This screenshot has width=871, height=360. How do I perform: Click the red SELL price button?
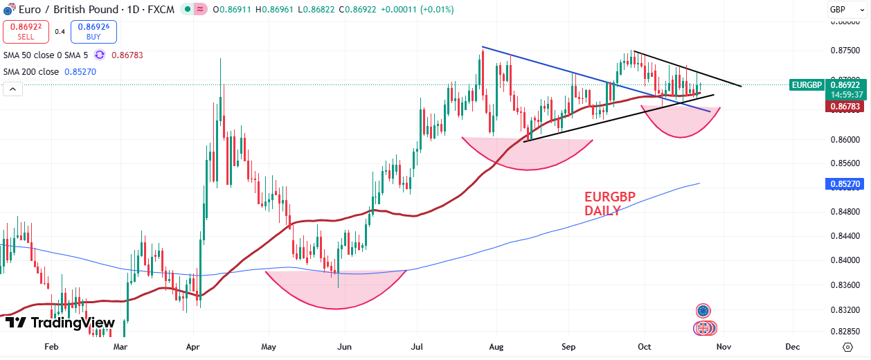coord(26,31)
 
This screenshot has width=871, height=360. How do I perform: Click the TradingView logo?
coord(60,323)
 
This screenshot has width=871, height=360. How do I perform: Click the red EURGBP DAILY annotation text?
coord(609,204)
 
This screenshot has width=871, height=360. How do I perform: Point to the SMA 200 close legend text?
coord(31,71)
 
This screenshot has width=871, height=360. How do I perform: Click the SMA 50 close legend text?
coord(46,55)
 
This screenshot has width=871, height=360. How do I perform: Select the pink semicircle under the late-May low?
coord(336,288)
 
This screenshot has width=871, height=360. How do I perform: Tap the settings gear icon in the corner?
coord(847,346)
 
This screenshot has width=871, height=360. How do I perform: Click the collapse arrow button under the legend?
coord(12,89)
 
